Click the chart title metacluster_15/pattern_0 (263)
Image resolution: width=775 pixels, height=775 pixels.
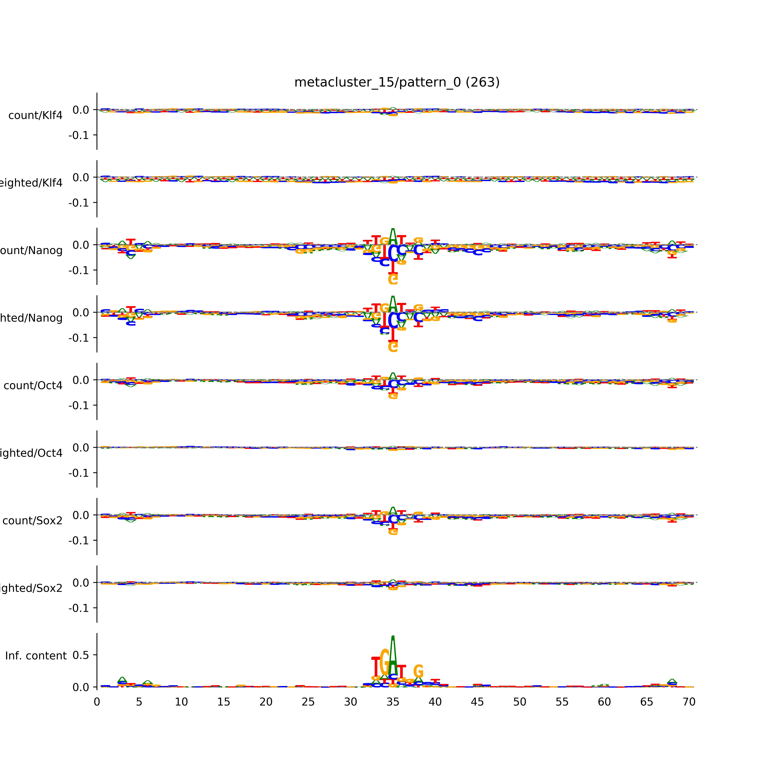pyautogui.click(x=397, y=82)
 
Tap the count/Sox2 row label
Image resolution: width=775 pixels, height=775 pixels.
pyautogui.click(x=33, y=521)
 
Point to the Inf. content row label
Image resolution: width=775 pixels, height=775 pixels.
pyautogui.click(x=36, y=656)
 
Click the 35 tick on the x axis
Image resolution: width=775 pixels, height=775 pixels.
pyautogui.click(x=393, y=702)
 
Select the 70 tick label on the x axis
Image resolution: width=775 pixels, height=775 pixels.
pyautogui.click(x=689, y=702)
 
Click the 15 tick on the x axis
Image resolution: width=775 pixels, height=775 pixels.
pyautogui.click(x=223, y=702)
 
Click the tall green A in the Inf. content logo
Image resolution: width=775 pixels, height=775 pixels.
pyautogui.click(x=393, y=654)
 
